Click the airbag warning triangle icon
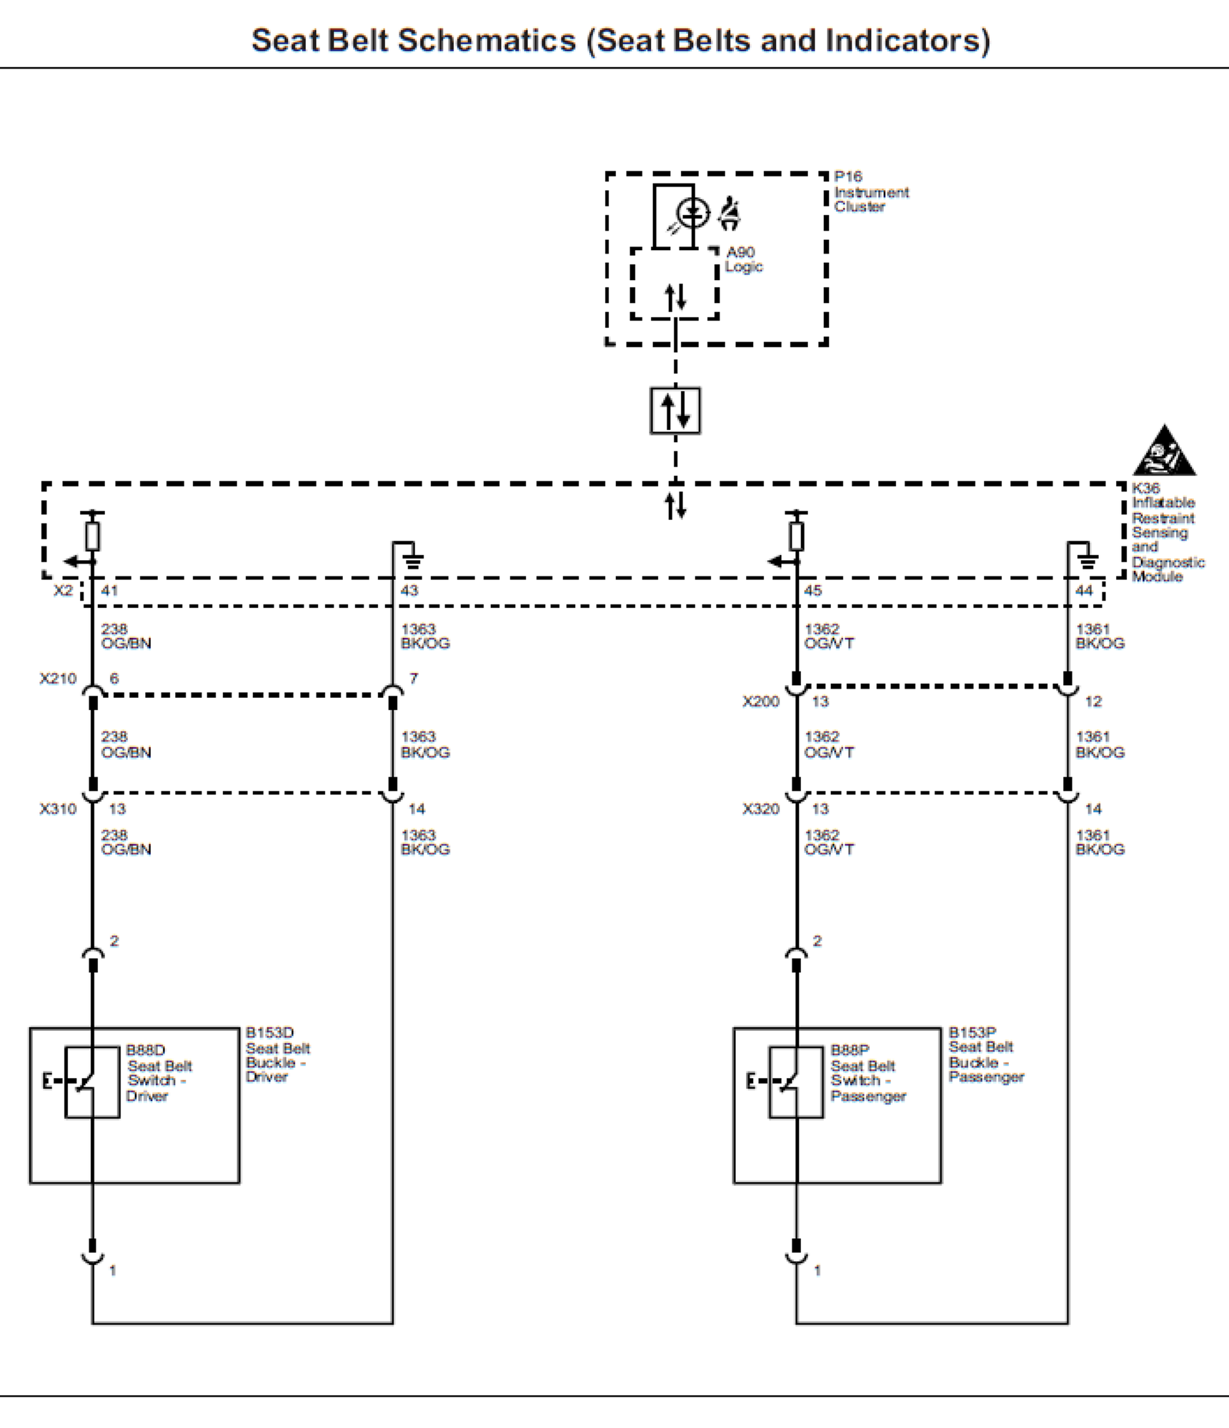pos(1164,451)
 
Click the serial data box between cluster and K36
pos(675,410)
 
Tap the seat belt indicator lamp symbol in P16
pos(692,213)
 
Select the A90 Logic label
pos(743,259)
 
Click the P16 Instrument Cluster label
pos(870,191)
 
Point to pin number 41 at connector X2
pos(109,591)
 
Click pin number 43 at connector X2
pos(409,591)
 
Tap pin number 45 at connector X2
pos(812,591)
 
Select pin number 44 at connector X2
pos(1084,591)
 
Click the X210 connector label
pos(58,679)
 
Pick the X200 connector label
pos(760,701)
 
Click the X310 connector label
pos(58,809)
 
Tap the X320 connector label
pos(760,809)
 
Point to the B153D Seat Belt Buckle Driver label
pos(277,1054)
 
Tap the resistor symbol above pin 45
pos(796,536)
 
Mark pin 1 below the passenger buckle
pos(817,1270)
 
